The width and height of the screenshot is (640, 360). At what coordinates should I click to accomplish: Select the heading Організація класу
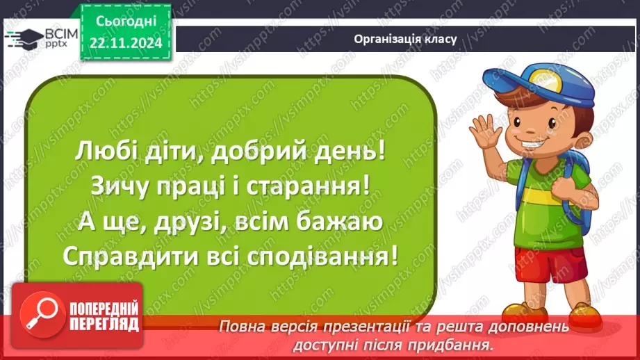pos(405,39)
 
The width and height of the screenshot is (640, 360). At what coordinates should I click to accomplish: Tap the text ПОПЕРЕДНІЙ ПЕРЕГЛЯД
pos(105,317)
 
